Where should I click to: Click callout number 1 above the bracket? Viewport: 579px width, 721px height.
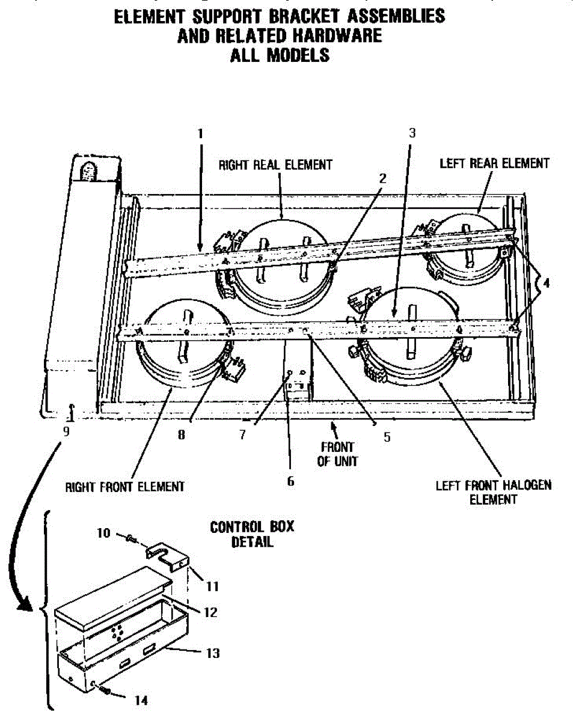click(201, 133)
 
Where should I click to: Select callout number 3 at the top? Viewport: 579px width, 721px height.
click(412, 133)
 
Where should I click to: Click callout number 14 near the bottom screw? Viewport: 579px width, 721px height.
click(141, 700)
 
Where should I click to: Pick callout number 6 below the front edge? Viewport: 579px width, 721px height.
click(291, 481)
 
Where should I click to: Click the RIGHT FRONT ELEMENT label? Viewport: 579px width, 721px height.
click(125, 487)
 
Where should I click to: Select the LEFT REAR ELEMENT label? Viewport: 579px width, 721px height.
click(495, 163)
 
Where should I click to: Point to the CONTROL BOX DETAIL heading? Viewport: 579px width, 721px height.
click(252, 534)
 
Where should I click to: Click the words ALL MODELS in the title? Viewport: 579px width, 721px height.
click(280, 55)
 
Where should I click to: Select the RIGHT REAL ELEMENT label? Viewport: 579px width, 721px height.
click(275, 164)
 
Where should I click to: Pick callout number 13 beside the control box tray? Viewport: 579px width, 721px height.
click(213, 653)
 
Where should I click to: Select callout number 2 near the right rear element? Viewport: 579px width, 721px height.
click(382, 178)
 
